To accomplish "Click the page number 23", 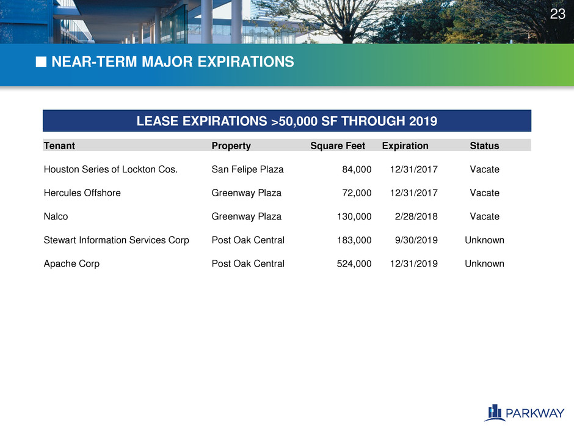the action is (x=558, y=14).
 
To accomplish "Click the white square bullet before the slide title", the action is (x=41, y=62).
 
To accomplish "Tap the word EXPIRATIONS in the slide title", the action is (x=245, y=62).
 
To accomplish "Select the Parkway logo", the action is (x=524, y=413).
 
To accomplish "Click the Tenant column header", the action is (x=59, y=146).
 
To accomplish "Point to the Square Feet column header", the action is (x=338, y=146).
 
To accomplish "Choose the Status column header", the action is (x=484, y=146).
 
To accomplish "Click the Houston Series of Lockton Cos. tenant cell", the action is (x=111, y=169).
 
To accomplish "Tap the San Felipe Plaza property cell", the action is (x=247, y=169).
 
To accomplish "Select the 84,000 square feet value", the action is (x=357, y=169).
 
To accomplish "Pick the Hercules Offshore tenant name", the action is (x=82, y=193).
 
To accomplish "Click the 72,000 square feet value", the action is (x=357, y=193).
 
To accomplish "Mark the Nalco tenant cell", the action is (x=56, y=216).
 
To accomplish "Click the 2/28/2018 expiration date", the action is (x=416, y=216).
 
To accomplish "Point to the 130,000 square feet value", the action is (x=354, y=216).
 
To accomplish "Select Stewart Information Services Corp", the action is (x=117, y=240).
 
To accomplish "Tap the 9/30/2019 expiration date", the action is (x=416, y=240).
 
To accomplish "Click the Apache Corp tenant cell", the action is (x=71, y=264).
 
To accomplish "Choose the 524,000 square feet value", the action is (x=354, y=263).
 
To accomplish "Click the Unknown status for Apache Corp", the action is (x=484, y=263).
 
